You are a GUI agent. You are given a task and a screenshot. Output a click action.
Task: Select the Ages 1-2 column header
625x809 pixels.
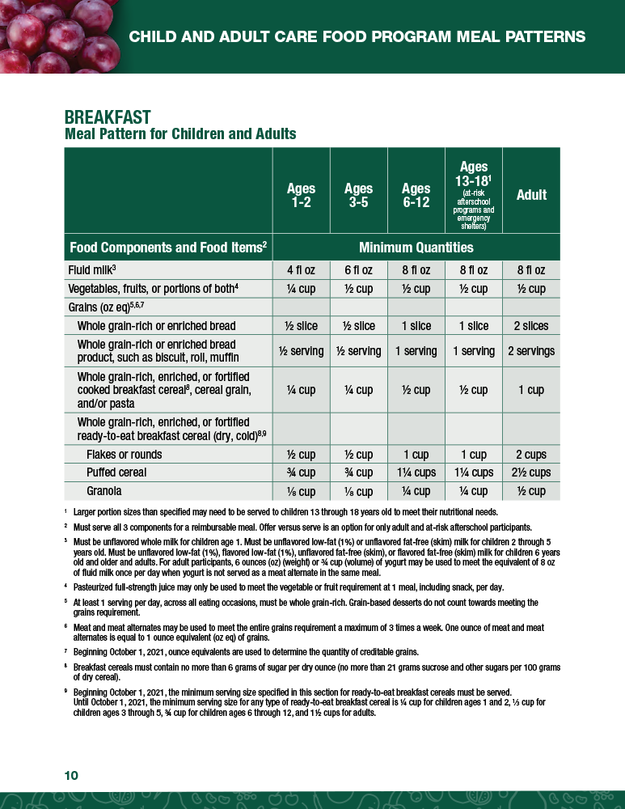(x=301, y=195)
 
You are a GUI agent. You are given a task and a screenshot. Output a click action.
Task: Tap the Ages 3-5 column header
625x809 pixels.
(x=358, y=195)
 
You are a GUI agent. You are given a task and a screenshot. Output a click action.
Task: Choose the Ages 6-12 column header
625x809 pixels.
(x=416, y=195)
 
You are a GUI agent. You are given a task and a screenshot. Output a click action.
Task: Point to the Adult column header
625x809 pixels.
(x=531, y=195)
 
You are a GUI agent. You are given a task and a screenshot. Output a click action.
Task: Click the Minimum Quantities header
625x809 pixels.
(x=416, y=247)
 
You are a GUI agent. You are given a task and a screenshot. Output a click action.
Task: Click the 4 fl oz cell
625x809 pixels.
(x=301, y=270)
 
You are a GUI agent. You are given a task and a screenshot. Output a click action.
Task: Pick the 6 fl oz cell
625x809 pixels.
(x=358, y=270)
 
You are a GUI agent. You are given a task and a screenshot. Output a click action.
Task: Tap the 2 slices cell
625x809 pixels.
(x=531, y=326)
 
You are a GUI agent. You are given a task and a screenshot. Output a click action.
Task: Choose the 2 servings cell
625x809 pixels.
(x=531, y=351)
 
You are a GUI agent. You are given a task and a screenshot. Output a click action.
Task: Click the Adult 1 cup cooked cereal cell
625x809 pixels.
(x=531, y=390)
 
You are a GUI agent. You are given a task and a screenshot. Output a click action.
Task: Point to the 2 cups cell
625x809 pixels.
(x=531, y=455)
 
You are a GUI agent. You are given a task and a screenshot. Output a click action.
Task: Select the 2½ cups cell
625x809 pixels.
(x=531, y=472)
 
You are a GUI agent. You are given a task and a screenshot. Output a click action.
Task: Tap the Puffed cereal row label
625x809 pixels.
(x=116, y=472)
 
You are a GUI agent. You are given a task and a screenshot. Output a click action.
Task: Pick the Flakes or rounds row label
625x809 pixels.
(x=124, y=455)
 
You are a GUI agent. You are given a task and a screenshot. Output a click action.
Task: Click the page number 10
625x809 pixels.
(x=71, y=776)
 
